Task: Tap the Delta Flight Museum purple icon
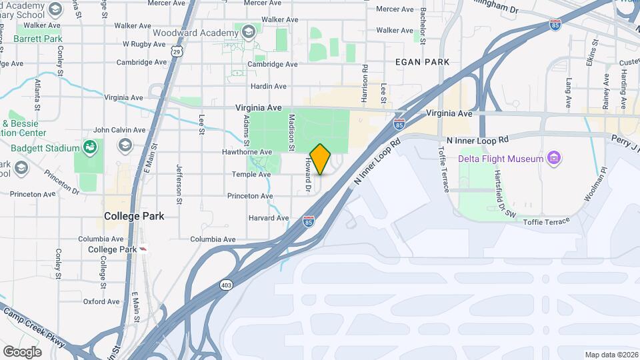tap(553, 158)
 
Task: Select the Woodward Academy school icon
tap(248, 32)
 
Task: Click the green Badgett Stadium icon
tap(89, 145)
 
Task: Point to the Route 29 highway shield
tap(175, 50)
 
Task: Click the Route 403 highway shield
tap(227, 285)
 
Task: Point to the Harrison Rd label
tap(365, 83)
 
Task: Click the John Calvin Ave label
tap(119, 130)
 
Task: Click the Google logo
tap(22, 352)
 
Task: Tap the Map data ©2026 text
tap(611, 355)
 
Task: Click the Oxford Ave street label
tap(101, 301)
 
